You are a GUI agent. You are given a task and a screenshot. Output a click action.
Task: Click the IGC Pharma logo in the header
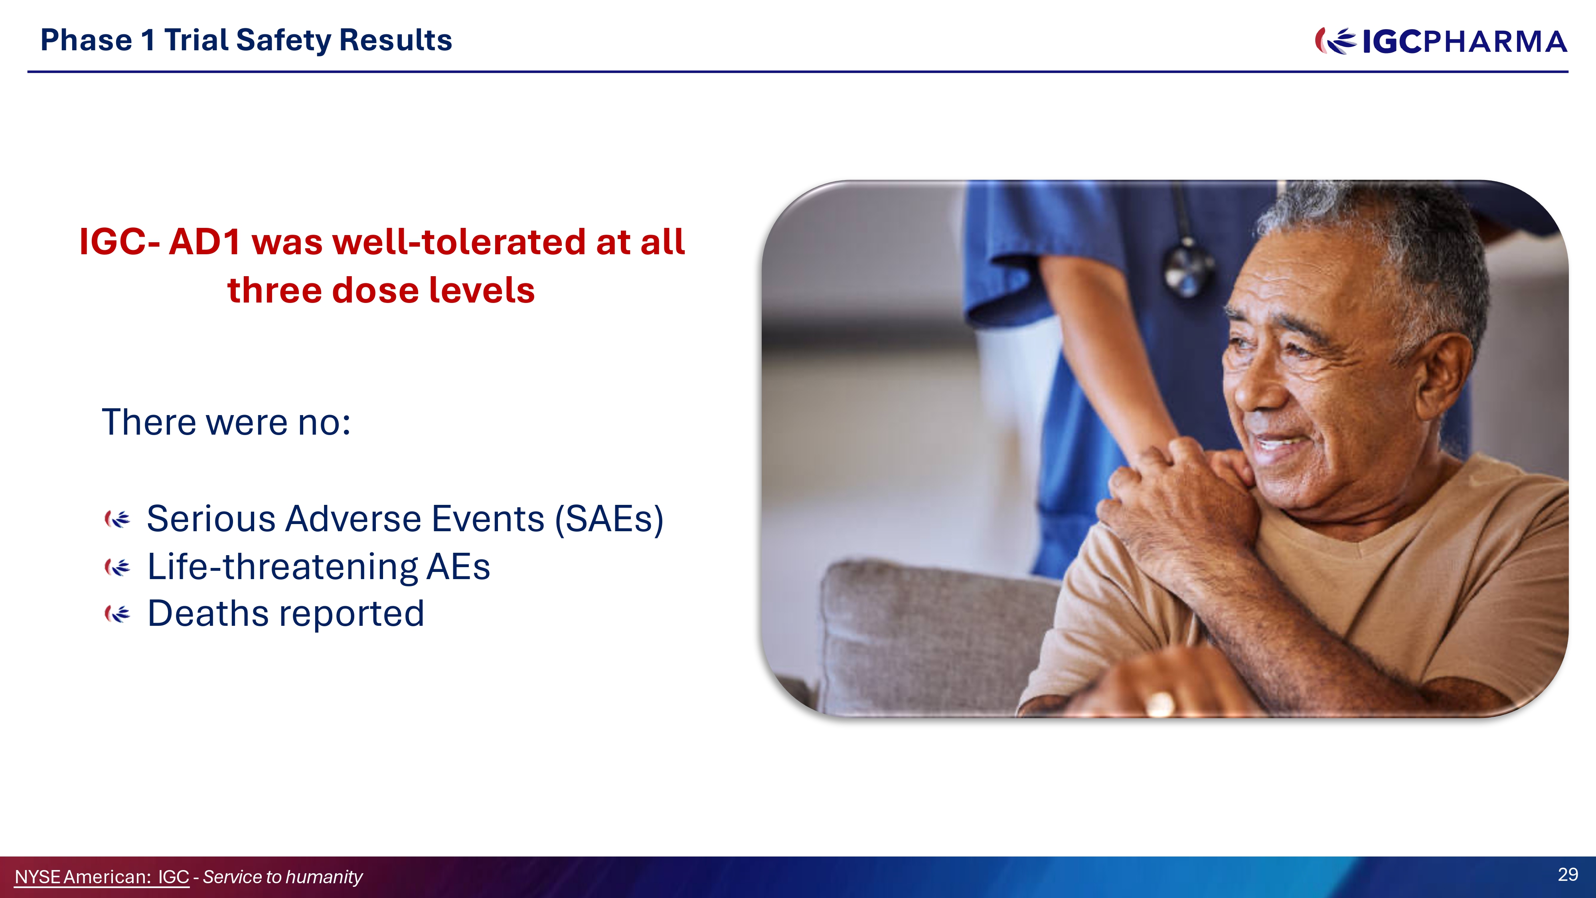(1441, 42)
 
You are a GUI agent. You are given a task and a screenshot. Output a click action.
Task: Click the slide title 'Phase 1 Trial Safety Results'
(246, 40)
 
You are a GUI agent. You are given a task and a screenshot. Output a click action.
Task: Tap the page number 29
(1568, 874)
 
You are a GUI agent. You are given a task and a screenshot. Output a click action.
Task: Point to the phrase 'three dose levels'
(381, 290)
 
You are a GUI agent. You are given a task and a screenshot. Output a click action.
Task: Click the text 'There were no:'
(226, 423)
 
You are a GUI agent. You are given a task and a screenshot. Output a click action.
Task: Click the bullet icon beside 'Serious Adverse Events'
(117, 519)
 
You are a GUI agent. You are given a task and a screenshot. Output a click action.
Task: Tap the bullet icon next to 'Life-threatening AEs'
(117, 566)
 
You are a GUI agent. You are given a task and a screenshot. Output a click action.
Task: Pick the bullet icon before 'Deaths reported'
(117, 613)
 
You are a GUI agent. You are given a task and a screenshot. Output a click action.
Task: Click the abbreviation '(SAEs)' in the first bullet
(609, 519)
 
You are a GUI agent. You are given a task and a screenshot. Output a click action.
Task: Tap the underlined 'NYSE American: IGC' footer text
(102, 877)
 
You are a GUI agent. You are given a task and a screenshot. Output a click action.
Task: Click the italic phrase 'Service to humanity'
(282, 877)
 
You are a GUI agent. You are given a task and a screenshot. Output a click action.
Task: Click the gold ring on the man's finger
(1160, 703)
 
